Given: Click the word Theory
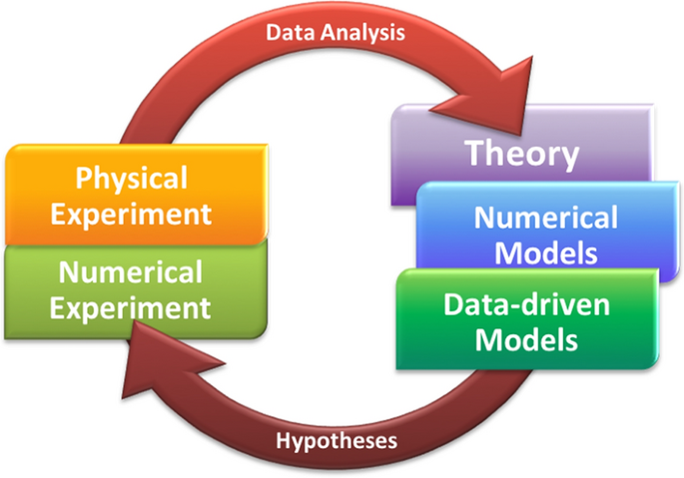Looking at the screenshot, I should coord(522,154).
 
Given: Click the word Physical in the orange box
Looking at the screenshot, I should coord(132,180).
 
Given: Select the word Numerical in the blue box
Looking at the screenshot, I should coord(545,218).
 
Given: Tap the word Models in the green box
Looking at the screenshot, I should coord(526,339).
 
